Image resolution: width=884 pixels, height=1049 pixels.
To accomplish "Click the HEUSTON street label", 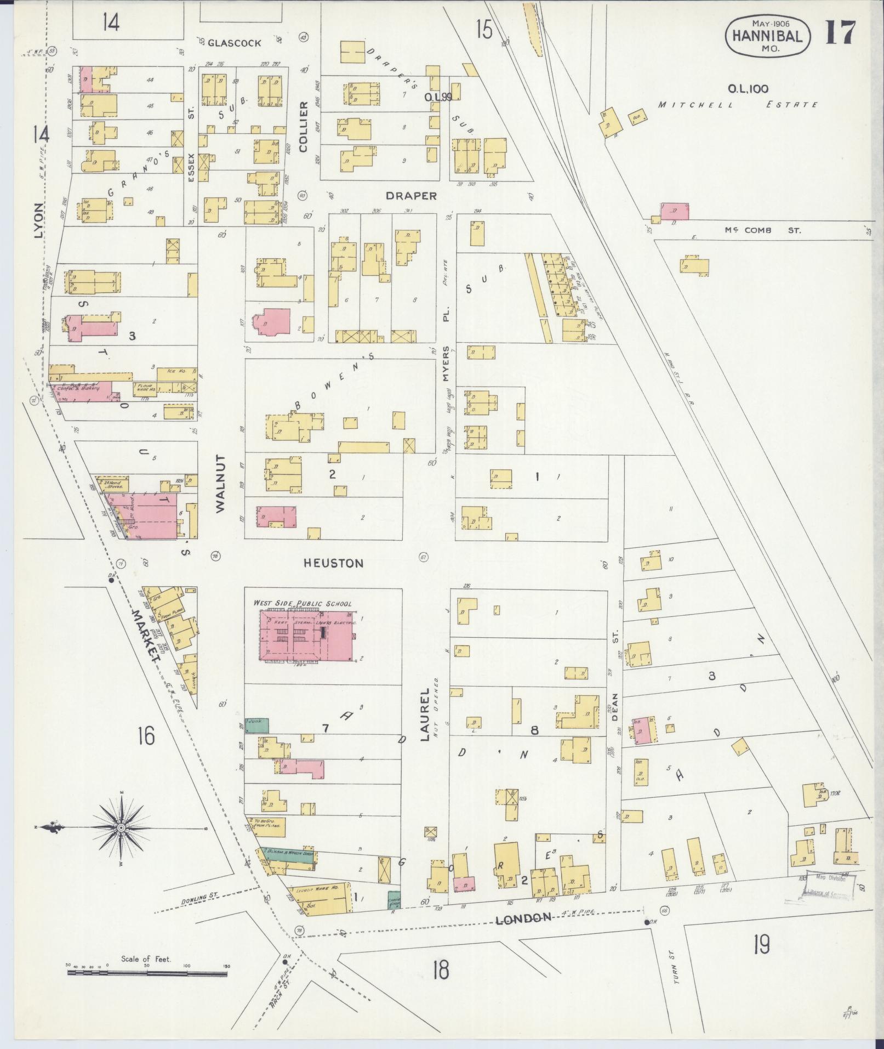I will click(334, 563).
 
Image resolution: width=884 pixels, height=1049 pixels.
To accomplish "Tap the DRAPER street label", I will click(410, 196).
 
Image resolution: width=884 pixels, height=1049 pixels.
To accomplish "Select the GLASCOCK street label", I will click(234, 43).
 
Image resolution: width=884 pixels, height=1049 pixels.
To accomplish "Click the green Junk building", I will click(256, 724).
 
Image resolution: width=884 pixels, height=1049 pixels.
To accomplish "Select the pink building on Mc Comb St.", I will click(675, 211).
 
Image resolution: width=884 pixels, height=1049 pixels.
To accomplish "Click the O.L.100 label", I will click(748, 88).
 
